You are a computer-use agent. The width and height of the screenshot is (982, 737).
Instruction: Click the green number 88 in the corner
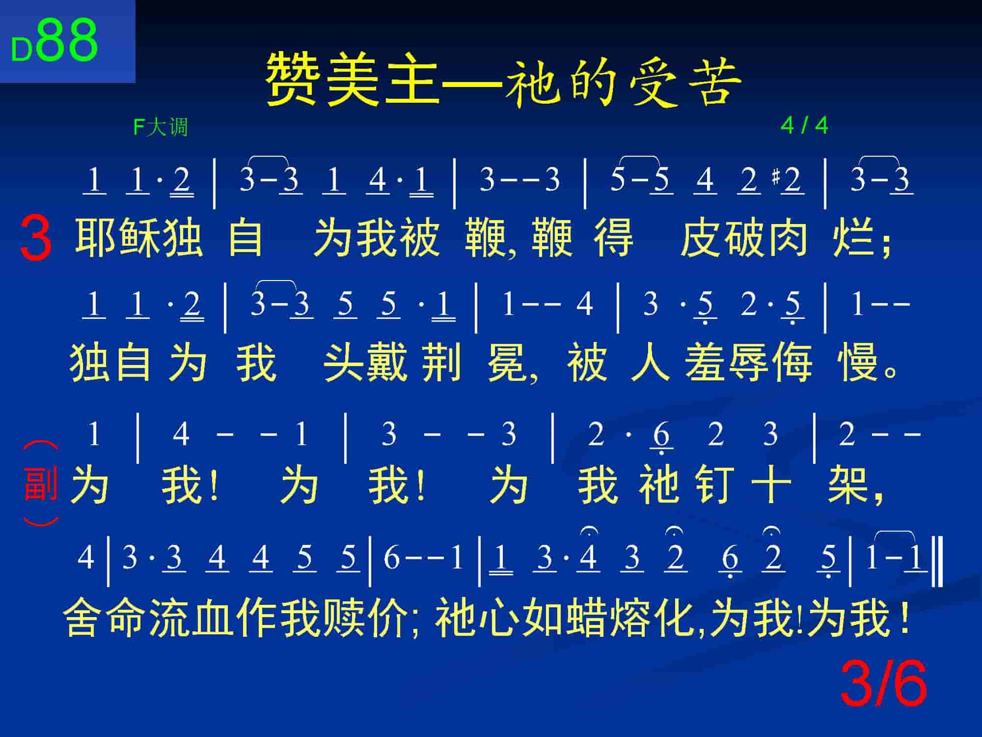68,40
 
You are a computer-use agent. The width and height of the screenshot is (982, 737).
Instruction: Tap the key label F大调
161,127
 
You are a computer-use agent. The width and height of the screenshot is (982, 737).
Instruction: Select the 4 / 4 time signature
804,126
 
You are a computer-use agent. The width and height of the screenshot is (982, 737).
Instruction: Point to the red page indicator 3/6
884,683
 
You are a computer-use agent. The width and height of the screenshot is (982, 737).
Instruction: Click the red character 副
40,484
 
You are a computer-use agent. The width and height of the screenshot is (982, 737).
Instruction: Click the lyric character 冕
508,363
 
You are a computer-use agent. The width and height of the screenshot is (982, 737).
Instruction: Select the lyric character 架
848,484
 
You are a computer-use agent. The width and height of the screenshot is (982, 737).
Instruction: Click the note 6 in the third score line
661,434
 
